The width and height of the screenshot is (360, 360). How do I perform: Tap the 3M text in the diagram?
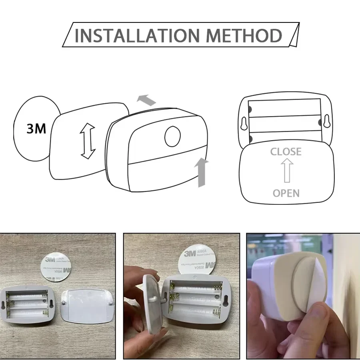point(36,129)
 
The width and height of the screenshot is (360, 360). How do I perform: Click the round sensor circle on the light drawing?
point(173,136)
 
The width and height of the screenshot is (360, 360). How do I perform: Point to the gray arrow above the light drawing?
point(146,100)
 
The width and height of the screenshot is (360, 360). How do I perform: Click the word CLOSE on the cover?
point(286,152)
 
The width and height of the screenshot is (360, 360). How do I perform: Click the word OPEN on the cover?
point(286,193)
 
